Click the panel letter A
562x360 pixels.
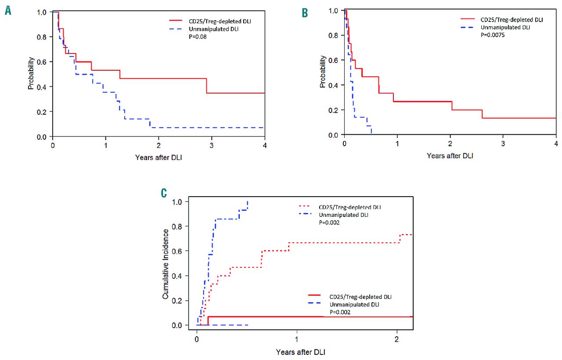click(8, 10)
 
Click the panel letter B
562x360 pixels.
click(305, 13)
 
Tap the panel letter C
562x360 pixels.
click(164, 193)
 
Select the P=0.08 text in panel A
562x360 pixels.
click(197, 37)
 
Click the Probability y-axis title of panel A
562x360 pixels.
click(31, 75)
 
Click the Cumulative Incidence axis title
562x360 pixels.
click(166, 263)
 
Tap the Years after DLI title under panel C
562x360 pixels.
click(301, 352)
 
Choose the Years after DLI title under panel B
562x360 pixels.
click(450, 155)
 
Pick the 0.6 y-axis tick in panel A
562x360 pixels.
click(42, 62)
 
